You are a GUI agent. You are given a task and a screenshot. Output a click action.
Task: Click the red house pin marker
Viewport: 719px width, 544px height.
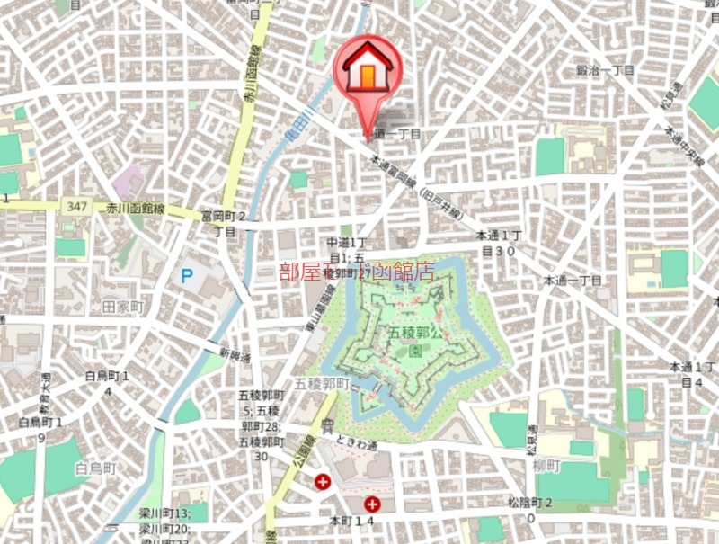(367, 69)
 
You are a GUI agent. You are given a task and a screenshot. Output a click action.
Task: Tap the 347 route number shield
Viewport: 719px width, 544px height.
(75, 207)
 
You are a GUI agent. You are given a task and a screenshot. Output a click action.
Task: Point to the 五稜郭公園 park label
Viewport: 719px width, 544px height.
(416, 341)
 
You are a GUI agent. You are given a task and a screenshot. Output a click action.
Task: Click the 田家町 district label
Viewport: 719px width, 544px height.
(123, 308)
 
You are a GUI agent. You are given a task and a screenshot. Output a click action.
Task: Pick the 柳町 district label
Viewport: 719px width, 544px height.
(545, 466)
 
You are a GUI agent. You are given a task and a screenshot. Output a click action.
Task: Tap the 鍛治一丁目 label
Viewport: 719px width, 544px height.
(605, 69)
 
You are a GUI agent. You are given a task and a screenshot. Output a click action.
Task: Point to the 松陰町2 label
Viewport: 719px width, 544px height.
(529, 509)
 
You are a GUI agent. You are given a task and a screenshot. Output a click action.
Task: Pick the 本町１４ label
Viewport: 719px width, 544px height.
(351, 521)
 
